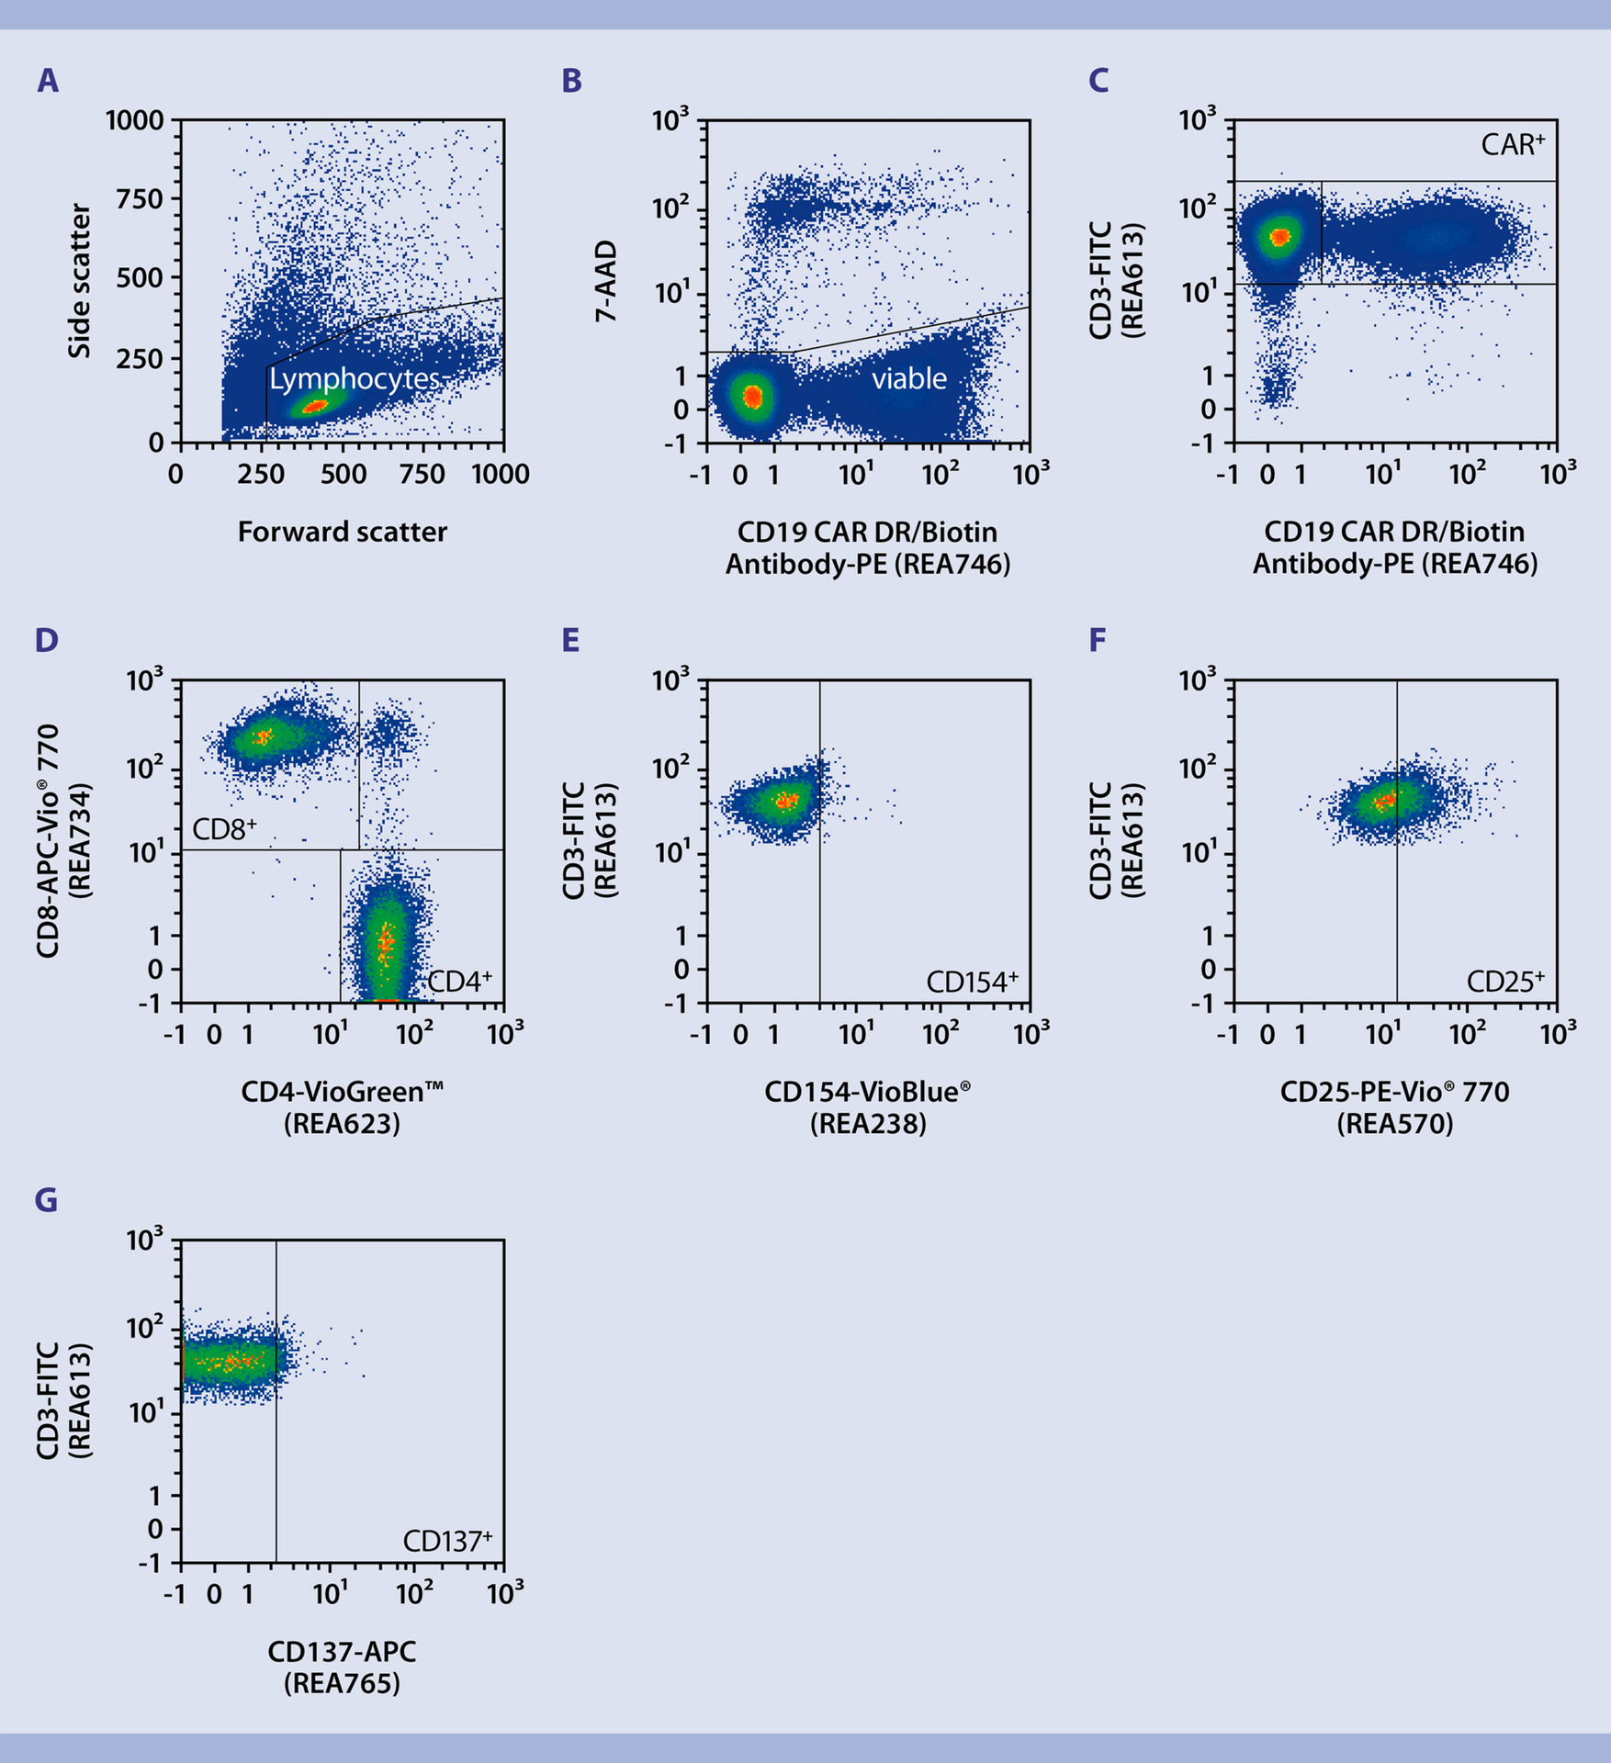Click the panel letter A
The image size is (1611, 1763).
(x=48, y=81)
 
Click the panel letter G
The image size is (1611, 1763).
(x=46, y=1199)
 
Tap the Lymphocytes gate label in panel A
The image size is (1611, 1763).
(x=355, y=379)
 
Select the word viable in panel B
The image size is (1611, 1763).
(x=908, y=378)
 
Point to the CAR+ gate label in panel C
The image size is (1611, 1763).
(x=1512, y=144)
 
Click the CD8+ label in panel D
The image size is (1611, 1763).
(x=224, y=829)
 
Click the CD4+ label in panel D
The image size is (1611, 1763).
(x=459, y=982)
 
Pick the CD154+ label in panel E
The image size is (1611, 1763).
(x=972, y=982)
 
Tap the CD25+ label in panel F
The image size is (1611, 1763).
(x=1504, y=982)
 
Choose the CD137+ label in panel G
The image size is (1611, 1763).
(x=447, y=1541)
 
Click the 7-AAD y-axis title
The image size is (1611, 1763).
(x=606, y=281)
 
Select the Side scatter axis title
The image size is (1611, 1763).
(x=81, y=281)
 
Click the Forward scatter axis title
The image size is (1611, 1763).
(x=342, y=532)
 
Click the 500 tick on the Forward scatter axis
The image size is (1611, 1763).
(x=343, y=474)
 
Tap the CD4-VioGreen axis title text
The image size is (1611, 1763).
(x=342, y=1092)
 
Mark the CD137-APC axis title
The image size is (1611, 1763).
(x=342, y=1651)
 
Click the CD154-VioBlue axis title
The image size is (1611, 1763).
(x=867, y=1092)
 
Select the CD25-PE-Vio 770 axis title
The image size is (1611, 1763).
(x=1394, y=1092)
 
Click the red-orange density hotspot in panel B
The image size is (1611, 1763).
(x=752, y=396)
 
